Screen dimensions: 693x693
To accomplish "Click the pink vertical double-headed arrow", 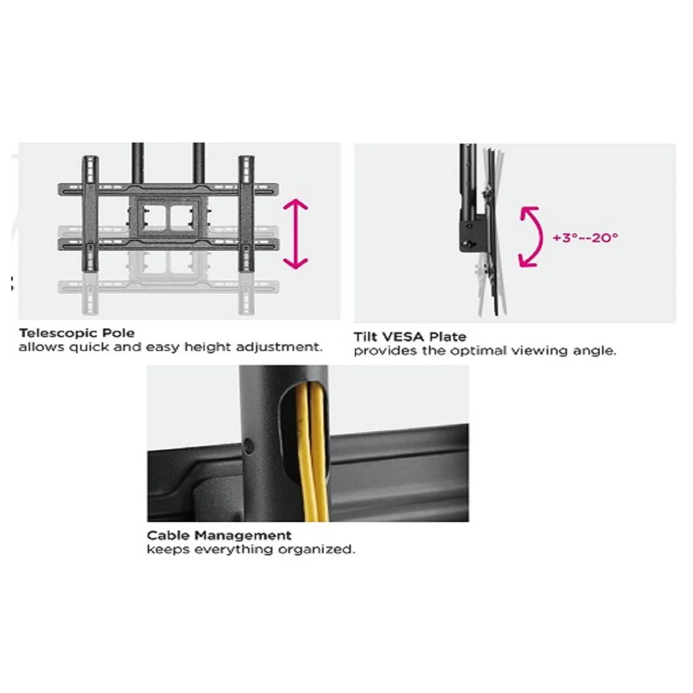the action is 295,234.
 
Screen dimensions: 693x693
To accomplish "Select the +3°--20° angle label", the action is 585,238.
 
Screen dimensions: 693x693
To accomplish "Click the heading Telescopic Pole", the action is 76,333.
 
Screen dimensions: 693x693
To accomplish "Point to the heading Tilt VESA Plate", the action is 410,337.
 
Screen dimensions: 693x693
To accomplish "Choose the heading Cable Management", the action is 219,536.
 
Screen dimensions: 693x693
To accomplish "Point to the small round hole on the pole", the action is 248,446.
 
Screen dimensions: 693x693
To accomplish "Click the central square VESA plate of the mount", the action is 168,218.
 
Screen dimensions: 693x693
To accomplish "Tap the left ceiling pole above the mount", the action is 137,163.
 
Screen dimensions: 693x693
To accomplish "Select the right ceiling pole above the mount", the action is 198,163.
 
